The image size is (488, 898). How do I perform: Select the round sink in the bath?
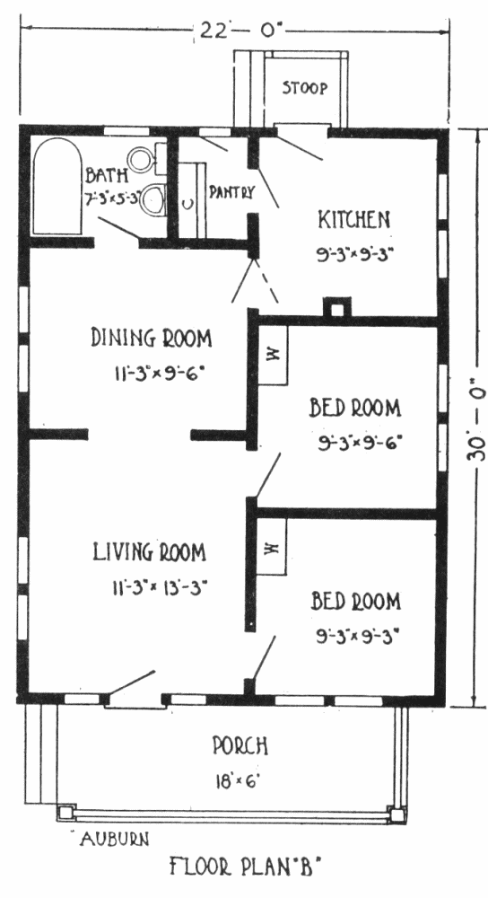pos(140,159)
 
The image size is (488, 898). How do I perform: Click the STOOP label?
pos(305,88)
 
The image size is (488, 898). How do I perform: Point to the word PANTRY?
pos(231,192)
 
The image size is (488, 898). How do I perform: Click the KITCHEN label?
pos(354,219)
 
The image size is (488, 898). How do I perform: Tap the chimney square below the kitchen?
pos(337,308)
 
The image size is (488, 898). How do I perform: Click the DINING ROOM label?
pos(151,338)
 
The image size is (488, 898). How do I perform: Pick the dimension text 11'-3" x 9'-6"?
pos(158,374)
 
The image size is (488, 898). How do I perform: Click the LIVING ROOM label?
pos(149,552)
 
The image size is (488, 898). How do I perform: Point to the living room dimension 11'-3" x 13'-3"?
pos(160,587)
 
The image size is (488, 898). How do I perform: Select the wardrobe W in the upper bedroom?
pos(272,355)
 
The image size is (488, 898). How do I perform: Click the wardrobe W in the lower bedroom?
pos(271,548)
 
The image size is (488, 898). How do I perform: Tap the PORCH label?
pos(240,746)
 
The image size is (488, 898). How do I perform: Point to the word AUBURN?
pos(115,839)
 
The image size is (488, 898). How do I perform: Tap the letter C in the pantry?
pos(187,203)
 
